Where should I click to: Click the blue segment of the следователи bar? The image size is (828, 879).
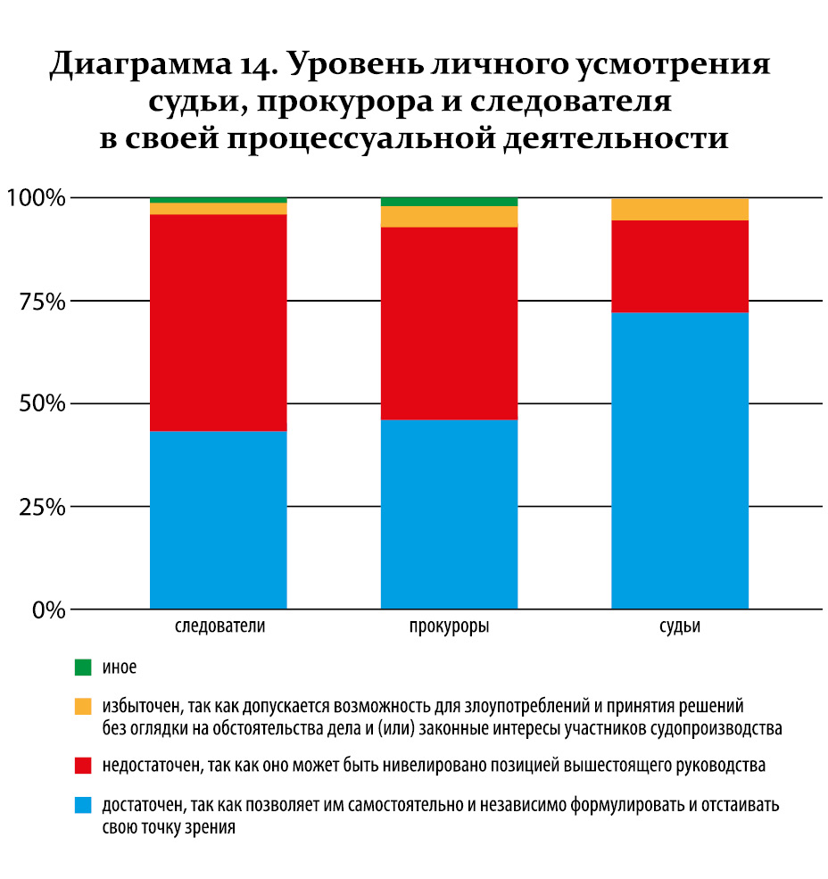pyautogui.click(x=218, y=520)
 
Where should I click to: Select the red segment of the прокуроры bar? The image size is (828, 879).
pyautogui.click(x=449, y=323)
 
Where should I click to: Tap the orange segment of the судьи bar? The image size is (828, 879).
pyautogui.click(x=680, y=209)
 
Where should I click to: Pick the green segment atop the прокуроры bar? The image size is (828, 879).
pyautogui.click(x=449, y=202)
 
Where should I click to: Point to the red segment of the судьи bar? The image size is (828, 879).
pyautogui.click(x=680, y=266)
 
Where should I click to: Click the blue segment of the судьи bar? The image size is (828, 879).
pyautogui.click(x=680, y=460)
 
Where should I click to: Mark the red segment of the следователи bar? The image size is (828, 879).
pyautogui.click(x=218, y=322)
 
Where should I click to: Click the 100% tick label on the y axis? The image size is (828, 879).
pyautogui.click(x=36, y=197)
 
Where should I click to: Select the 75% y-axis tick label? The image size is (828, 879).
pyautogui.click(x=41, y=301)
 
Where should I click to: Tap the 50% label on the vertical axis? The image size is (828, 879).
pyautogui.click(x=41, y=403)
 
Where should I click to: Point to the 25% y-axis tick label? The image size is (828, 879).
pyautogui.click(x=41, y=507)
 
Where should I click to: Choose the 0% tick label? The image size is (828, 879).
pyautogui.click(x=46, y=610)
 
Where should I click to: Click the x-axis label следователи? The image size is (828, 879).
pyautogui.click(x=219, y=626)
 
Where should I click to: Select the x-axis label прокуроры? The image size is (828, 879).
pyautogui.click(x=449, y=626)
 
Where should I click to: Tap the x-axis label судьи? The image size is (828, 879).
pyautogui.click(x=680, y=626)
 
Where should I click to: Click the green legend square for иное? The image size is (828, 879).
pyautogui.click(x=83, y=667)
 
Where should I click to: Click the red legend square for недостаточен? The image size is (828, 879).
pyautogui.click(x=83, y=765)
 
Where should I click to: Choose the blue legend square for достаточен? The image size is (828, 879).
pyautogui.click(x=83, y=805)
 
